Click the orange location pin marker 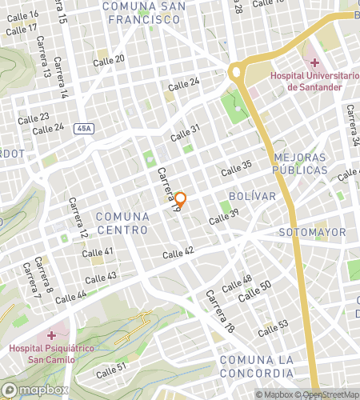coord(181,200)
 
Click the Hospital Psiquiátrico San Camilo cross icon coord(52,335)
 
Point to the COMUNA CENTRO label coord(122,223)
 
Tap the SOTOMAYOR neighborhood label coord(313,232)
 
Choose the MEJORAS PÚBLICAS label coord(300,164)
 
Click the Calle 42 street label coord(178,253)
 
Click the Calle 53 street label coord(272,328)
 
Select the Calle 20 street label coord(109,59)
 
